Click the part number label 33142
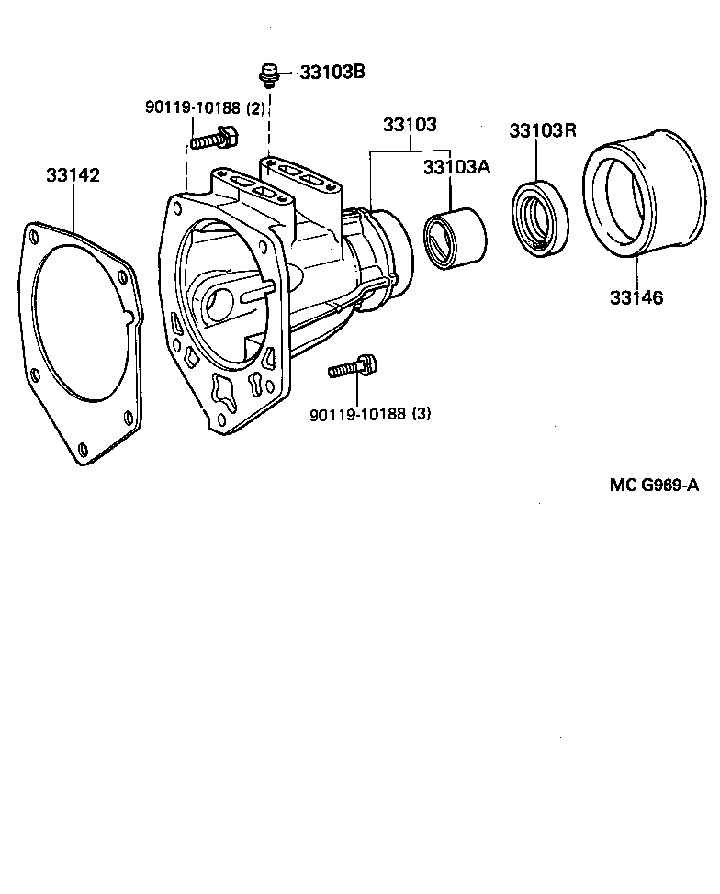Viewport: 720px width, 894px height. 73,174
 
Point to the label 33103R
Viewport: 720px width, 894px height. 542,130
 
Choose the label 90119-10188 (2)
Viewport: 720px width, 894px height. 205,107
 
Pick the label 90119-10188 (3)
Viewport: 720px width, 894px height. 370,414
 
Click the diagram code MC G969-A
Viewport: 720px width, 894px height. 653,485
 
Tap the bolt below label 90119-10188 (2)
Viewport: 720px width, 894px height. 215,140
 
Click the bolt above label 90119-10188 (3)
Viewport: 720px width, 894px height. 353,368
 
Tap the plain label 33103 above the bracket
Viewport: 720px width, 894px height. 409,124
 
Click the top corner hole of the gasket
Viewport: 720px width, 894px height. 34,236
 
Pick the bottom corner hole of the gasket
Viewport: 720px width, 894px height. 83,448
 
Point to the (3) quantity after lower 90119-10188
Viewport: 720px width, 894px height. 421,414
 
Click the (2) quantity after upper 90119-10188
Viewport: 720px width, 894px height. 255,107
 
